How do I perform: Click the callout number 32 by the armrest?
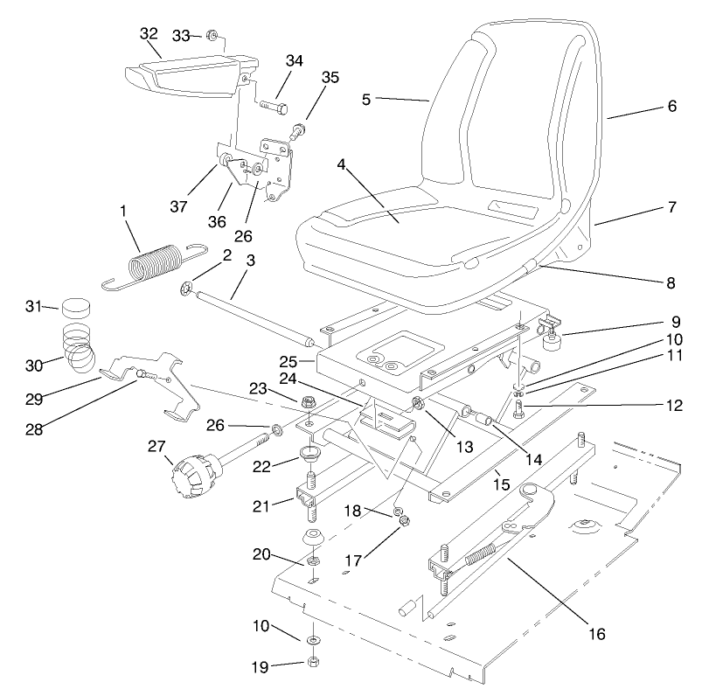pos(149,33)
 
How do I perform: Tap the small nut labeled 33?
pos(212,36)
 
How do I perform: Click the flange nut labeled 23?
pos(308,404)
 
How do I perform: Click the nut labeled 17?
pos(405,521)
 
